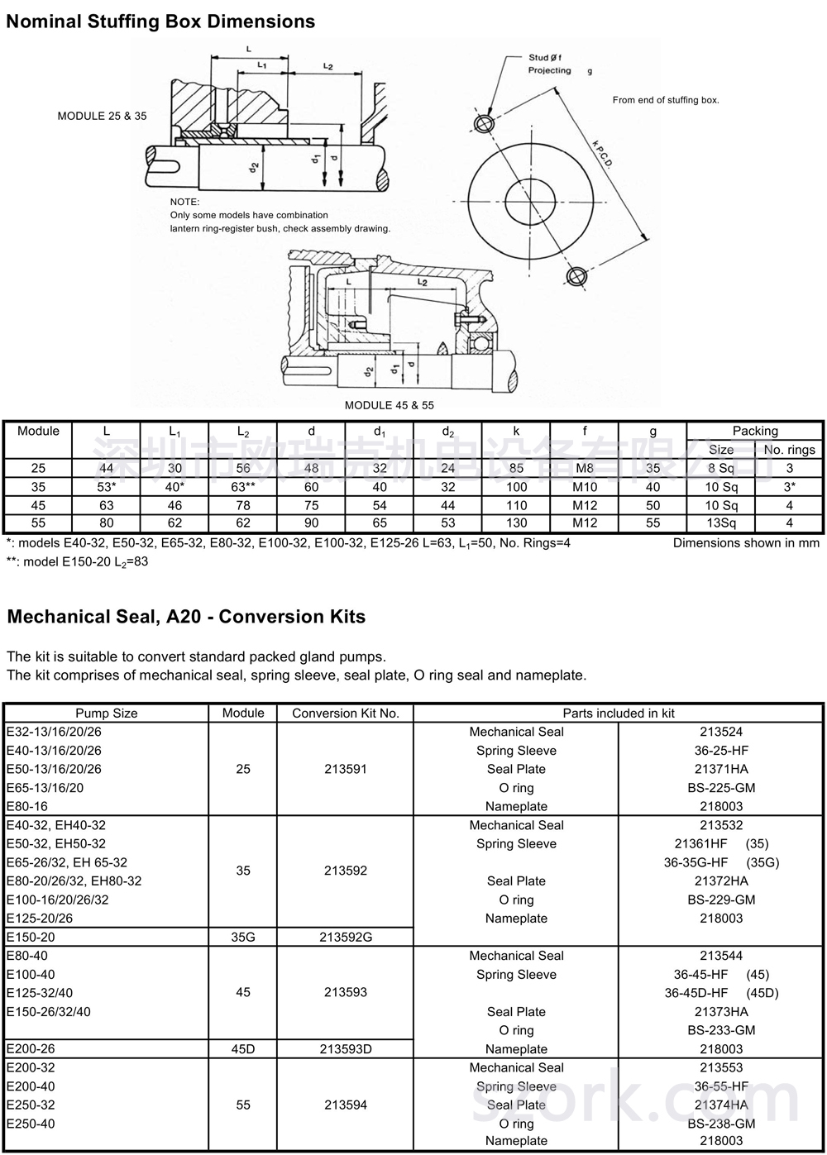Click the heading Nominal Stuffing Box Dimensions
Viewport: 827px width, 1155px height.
(x=160, y=21)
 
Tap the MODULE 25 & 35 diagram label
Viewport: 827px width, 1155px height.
(x=102, y=116)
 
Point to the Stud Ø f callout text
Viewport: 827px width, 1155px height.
(x=546, y=57)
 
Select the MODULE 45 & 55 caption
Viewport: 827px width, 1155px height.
(x=389, y=405)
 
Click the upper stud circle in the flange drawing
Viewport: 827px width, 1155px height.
(x=483, y=124)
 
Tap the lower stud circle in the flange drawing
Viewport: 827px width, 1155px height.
(x=576, y=276)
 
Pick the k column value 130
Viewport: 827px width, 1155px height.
(x=516, y=523)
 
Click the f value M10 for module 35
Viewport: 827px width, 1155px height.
(x=584, y=487)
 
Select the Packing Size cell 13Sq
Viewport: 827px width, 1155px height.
(x=721, y=523)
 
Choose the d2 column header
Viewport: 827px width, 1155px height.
(x=447, y=432)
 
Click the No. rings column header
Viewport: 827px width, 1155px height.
(x=789, y=450)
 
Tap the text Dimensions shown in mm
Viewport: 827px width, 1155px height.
(x=746, y=543)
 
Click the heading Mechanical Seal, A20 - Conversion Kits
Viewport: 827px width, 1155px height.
(x=186, y=617)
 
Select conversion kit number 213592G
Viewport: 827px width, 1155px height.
(x=346, y=937)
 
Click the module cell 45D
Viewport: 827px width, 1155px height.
(x=243, y=1049)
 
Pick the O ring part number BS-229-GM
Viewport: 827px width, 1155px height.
(x=721, y=900)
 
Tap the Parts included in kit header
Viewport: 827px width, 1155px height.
(x=619, y=713)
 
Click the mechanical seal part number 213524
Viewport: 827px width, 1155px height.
(x=721, y=732)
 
